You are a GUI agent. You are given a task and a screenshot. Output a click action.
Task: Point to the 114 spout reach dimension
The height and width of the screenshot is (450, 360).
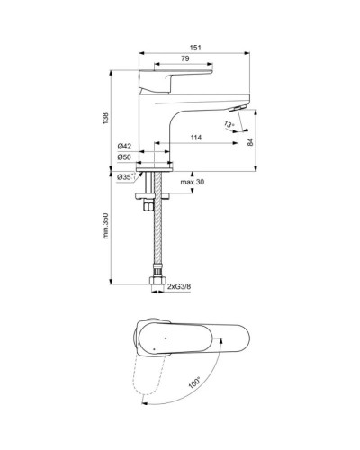[x=194, y=137]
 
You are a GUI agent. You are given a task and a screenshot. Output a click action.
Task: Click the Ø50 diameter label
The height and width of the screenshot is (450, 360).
[x=126, y=159]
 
